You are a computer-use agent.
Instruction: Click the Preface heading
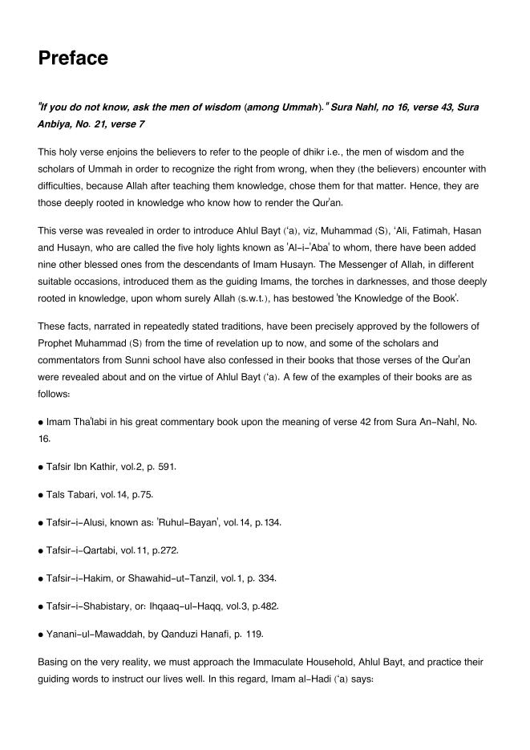click(73, 59)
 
